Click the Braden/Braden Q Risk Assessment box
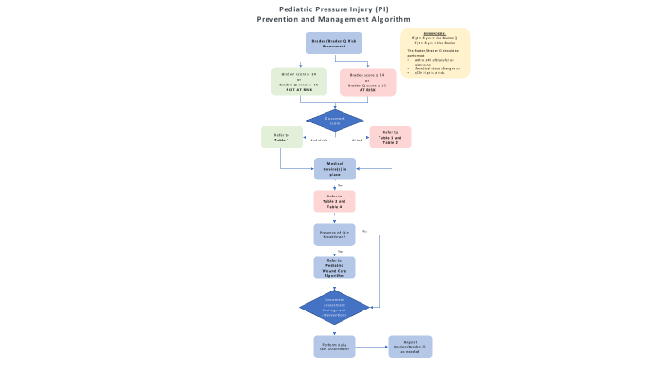coord(334,43)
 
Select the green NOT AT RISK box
coord(299,82)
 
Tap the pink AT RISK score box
coord(367,82)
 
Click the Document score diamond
coord(334,122)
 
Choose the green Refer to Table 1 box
coord(281,138)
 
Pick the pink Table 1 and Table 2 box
coord(390,138)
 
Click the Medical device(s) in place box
coord(334,169)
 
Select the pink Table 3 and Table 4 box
coord(334,201)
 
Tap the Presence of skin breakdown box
coord(334,235)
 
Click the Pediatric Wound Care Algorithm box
coord(334,268)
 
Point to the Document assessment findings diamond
coord(334,307)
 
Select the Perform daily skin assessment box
coord(334,347)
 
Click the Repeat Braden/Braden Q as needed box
coord(410,347)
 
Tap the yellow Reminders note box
coord(435,52)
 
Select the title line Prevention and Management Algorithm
coord(334,19)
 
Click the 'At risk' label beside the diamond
coord(358,141)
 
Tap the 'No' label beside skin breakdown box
coord(364,231)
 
